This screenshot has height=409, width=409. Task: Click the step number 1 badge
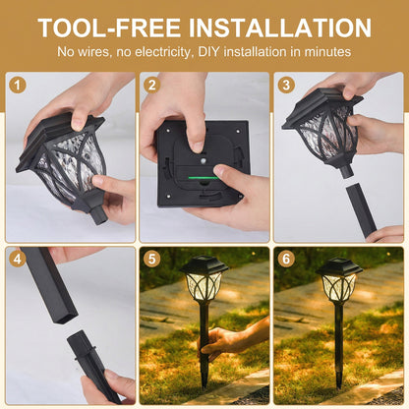click(18, 86)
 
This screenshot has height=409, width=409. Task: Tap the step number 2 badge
click(151, 86)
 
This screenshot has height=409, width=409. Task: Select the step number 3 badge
click(286, 86)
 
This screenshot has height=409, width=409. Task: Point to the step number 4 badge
click(18, 259)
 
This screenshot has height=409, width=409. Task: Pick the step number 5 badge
click(151, 259)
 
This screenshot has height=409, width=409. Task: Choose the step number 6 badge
click(286, 259)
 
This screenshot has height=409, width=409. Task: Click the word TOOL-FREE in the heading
click(109, 28)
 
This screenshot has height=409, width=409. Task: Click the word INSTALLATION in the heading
click(280, 28)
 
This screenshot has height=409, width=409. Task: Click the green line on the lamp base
click(204, 178)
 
